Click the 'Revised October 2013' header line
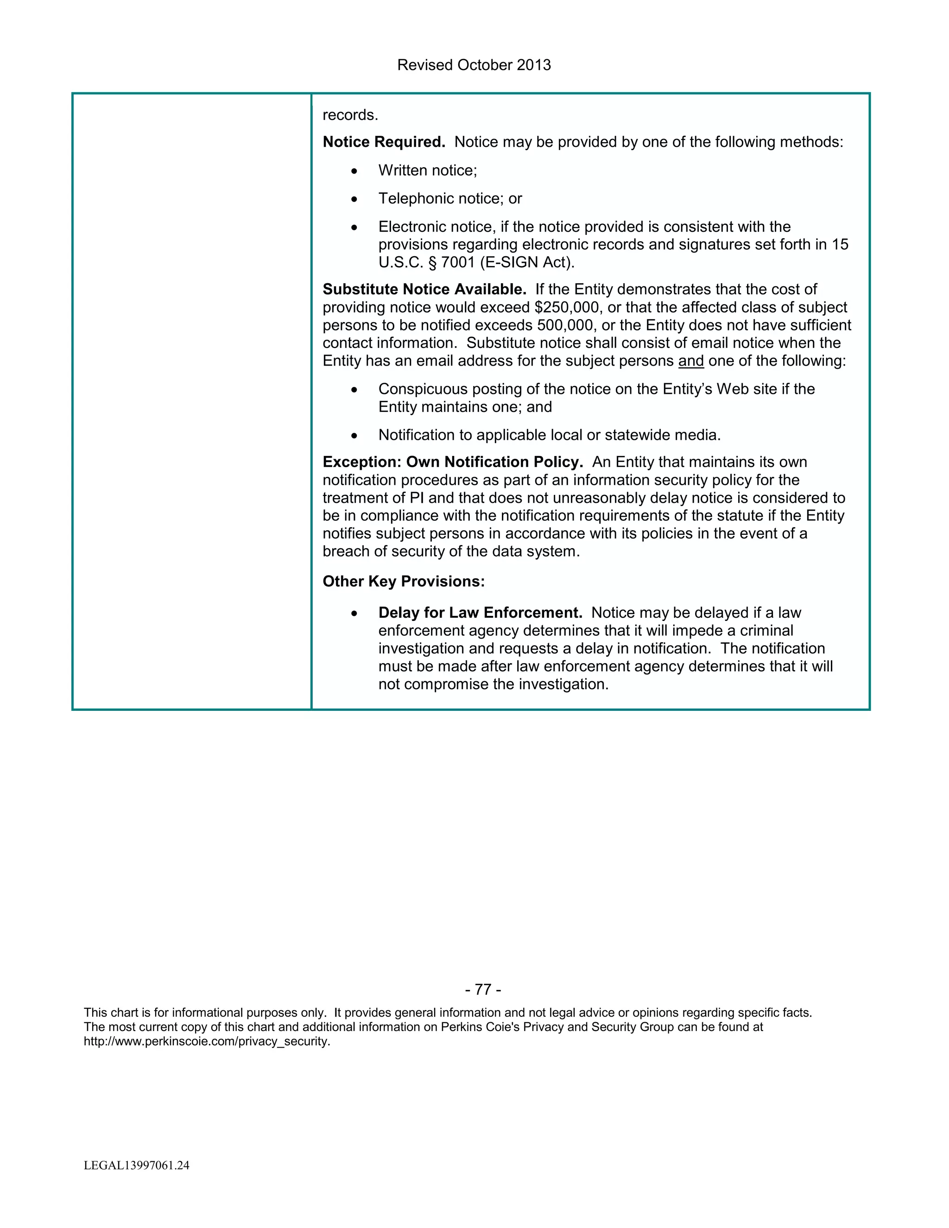point(474,65)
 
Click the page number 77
point(483,989)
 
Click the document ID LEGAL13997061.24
point(137,1165)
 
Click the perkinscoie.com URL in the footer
point(206,1041)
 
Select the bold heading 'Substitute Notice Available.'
point(424,290)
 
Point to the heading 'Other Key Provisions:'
point(403,582)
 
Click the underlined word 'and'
point(691,361)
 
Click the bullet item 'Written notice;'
point(427,171)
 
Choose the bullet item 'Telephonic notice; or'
point(450,198)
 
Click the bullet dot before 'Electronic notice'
point(354,228)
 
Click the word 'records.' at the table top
point(350,115)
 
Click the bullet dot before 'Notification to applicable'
point(354,436)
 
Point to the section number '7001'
point(458,263)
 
